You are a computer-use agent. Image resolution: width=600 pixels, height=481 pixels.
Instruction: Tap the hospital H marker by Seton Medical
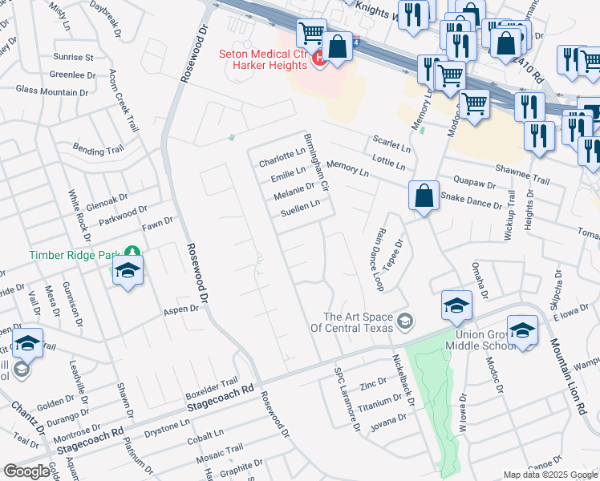[x=318, y=59]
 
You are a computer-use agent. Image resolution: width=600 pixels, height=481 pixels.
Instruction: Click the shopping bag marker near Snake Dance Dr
[x=423, y=195]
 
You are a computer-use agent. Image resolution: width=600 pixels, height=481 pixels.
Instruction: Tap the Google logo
[x=26, y=471]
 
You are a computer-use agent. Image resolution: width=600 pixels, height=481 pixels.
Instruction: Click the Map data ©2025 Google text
[x=550, y=475]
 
